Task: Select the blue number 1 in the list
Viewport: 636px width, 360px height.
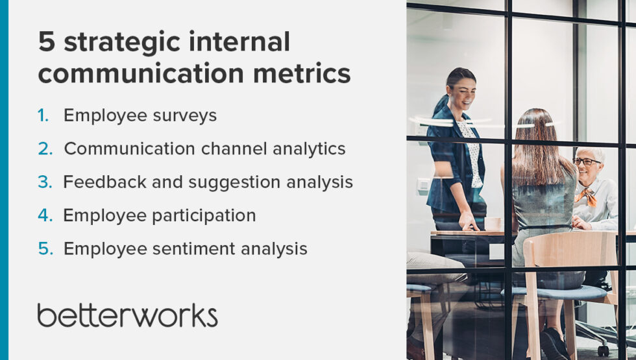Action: (x=43, y=115)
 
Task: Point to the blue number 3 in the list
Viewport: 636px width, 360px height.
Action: (x=44, y=182)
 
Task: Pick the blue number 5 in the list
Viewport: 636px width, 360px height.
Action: (x=44, y=248)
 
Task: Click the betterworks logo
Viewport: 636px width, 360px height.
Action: (x=127, y=315)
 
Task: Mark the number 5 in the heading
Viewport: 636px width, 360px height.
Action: (x=46, y=43)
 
